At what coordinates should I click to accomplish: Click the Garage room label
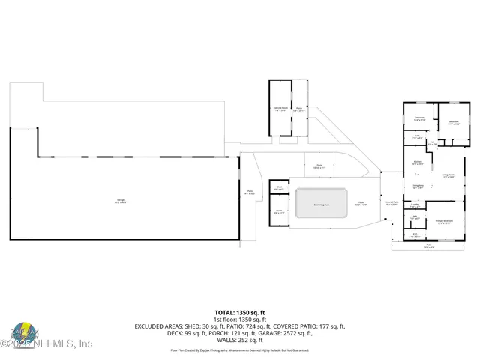click(120, 199)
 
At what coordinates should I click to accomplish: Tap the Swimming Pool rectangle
click(321, 202)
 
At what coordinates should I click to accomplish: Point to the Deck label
click(319, 166)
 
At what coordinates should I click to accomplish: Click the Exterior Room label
click(280, 109)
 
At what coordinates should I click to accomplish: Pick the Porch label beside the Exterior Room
click(298, 109)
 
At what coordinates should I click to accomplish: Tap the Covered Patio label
click(391, 202)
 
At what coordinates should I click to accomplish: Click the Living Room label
click(448, 176)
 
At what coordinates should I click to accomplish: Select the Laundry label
click(415, 205)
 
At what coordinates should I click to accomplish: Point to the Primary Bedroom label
click(444, 222)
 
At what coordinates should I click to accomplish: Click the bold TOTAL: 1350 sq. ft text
click(240, 312)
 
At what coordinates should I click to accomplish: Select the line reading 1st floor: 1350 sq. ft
click(240, 319)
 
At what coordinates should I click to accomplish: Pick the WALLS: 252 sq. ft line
click(240, 340)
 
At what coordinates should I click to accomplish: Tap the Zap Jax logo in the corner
click(25, 334)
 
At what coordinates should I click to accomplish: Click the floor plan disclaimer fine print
click(240, 349)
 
